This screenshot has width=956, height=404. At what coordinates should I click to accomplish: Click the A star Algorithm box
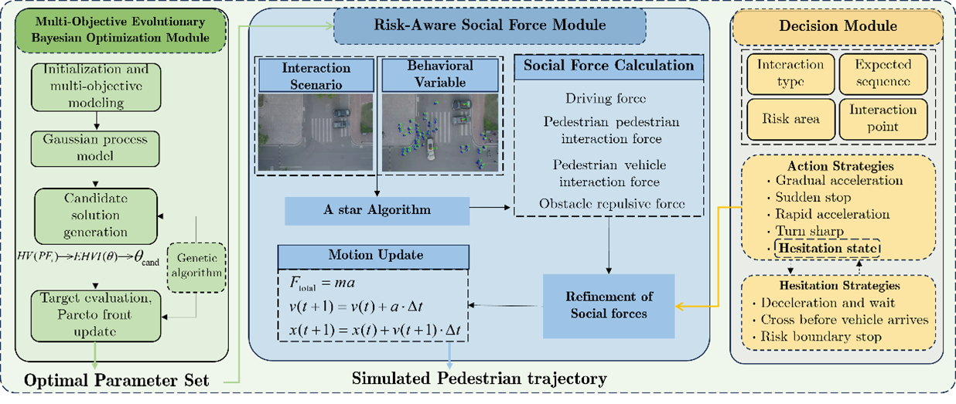(x=377, y=209)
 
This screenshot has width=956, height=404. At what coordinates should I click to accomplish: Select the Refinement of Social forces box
(x=608, y=304)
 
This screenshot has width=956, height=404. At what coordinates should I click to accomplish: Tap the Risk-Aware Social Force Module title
(x=489, y=26)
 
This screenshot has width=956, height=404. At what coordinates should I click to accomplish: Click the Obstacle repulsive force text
(x=611, y=203)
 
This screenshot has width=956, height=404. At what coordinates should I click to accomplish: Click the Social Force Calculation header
(x=609, y=65)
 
